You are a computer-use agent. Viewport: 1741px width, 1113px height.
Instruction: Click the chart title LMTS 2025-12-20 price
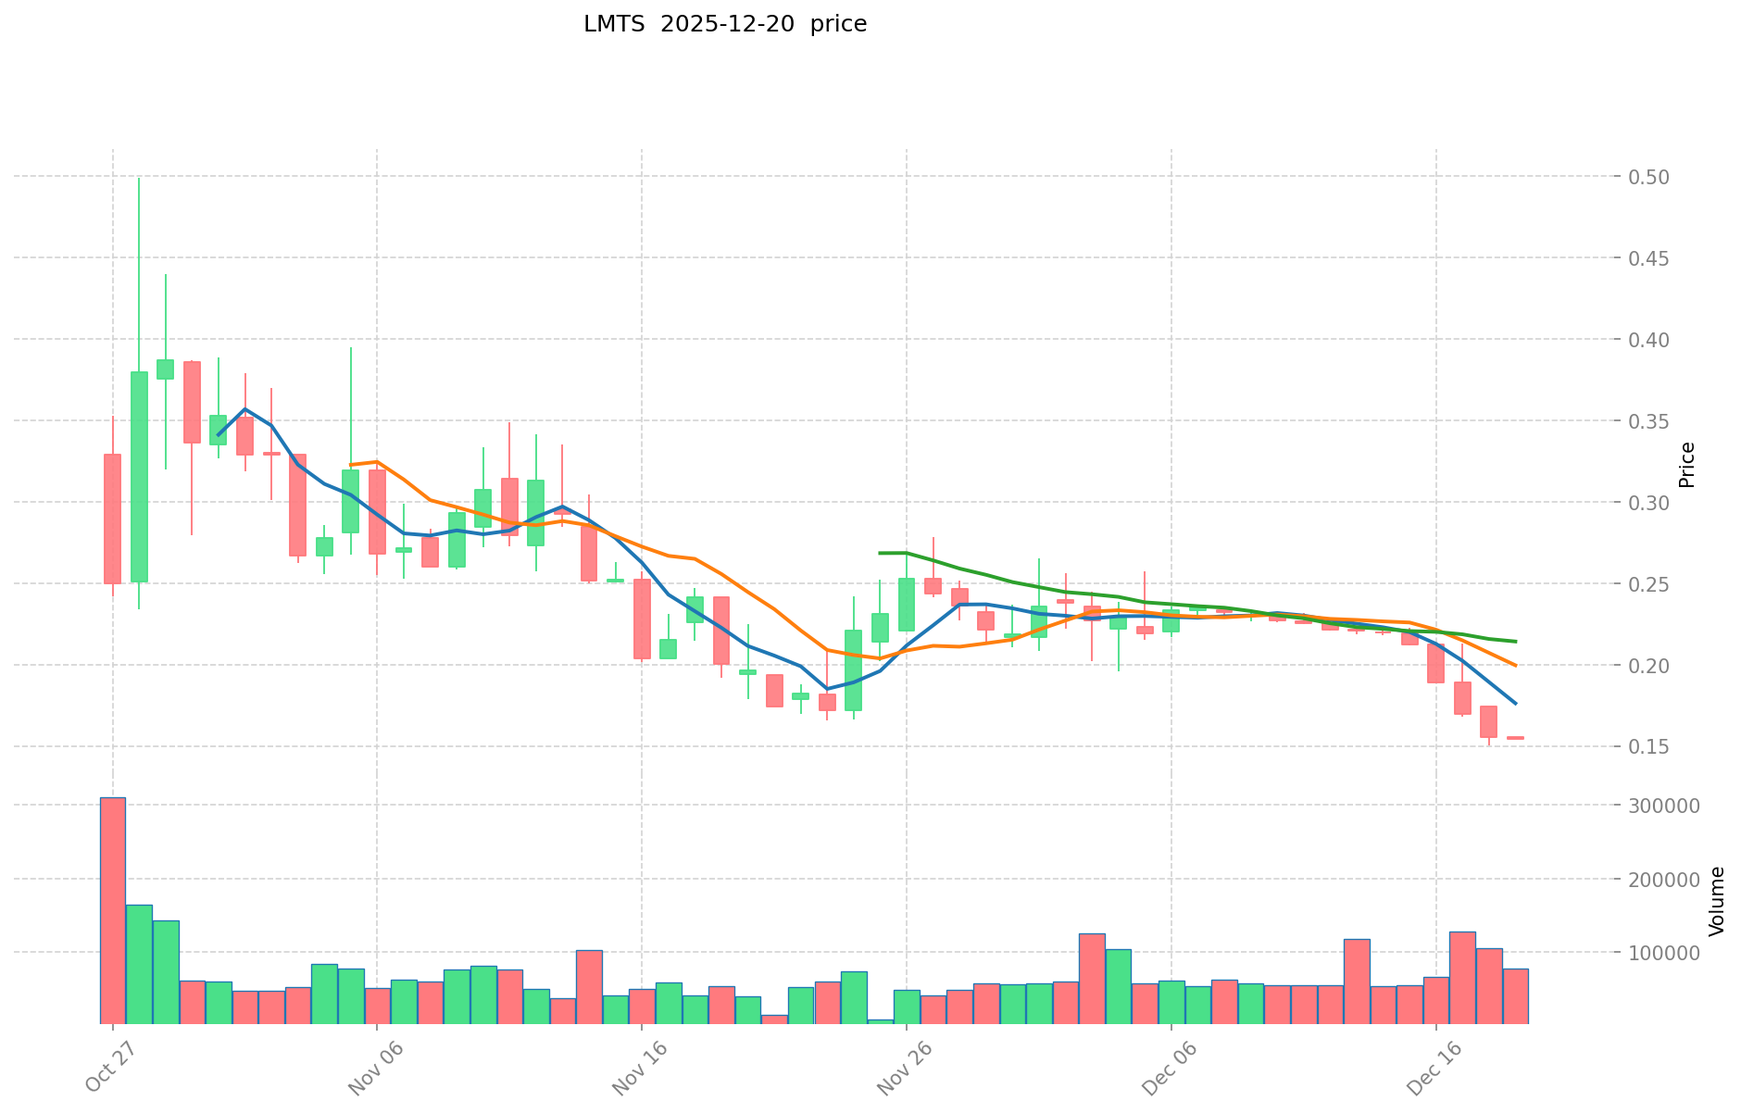[x=724, y=25]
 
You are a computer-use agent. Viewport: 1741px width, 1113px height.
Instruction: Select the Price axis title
[x=1686, y=465]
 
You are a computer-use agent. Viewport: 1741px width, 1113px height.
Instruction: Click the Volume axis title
[x=1716, y=900]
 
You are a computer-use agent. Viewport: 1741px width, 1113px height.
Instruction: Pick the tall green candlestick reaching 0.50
[x=139, y=476]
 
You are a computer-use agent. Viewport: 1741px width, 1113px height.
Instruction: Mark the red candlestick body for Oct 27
[x=112, y=519]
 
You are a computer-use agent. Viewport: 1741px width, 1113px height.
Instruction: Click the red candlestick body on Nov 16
[x=642, y=619]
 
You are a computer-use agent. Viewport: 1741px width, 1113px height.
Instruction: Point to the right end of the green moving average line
[x=1515, y=641]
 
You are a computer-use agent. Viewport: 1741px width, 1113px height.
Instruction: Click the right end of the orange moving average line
[x=1515, y=665]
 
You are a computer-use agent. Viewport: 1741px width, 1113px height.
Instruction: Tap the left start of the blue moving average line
[x=219, y=434]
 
